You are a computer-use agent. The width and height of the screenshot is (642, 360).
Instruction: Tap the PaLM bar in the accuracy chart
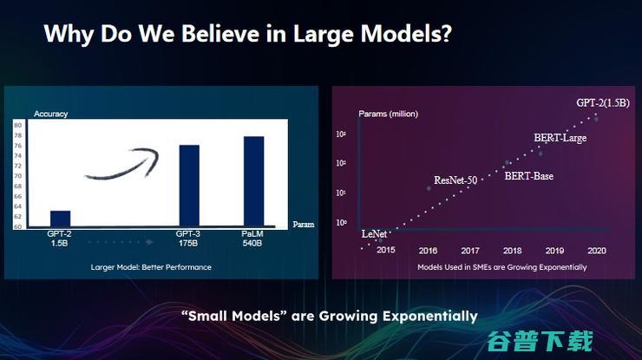click(253, 181)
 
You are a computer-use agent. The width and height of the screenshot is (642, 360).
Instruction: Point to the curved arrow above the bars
click(121, 164)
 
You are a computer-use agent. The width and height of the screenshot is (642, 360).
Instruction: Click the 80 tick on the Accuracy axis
click(18, 126)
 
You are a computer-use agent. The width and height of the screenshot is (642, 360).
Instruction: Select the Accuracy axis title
click(50, 115)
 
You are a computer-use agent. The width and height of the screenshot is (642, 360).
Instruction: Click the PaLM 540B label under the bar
click(253, 239)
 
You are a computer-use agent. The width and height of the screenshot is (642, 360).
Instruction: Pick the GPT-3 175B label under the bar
click(189, 239)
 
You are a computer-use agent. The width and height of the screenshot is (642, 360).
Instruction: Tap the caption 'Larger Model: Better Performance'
click(151, 267)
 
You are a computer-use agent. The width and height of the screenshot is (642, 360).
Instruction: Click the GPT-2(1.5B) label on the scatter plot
click(603, 102)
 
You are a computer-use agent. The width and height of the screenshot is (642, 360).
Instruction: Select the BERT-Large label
click(560, 138)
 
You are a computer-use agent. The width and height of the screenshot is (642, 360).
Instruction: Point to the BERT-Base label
click(528, 176)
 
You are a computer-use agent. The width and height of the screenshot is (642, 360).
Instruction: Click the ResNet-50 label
click(455, 180)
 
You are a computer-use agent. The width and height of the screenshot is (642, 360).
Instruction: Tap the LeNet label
click(374, 234)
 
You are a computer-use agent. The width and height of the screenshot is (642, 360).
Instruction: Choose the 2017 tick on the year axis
click(470, 251)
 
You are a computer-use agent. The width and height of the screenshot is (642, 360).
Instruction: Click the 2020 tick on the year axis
click(597, 251)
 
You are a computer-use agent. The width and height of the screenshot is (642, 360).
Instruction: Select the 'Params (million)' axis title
click(389, 115)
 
